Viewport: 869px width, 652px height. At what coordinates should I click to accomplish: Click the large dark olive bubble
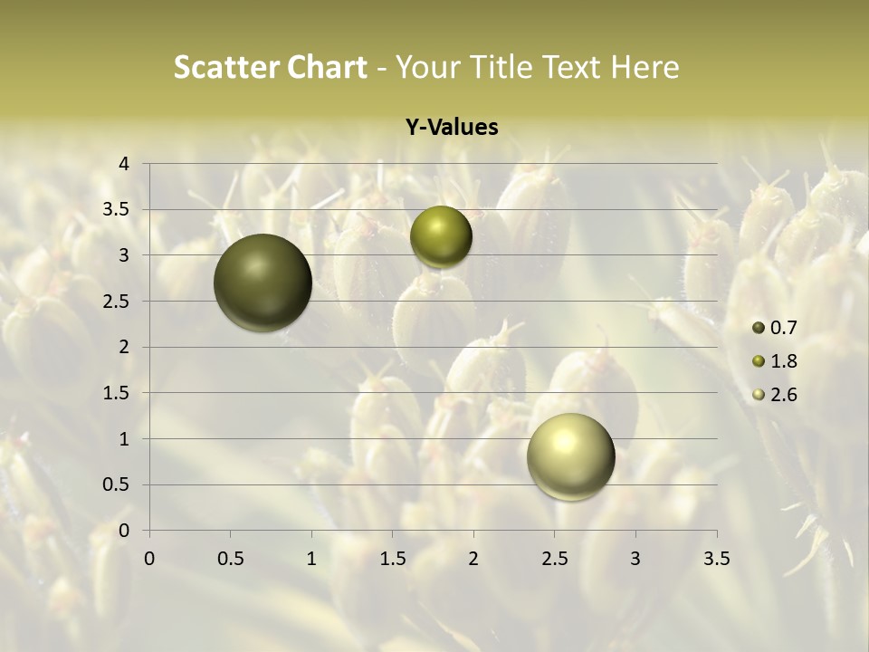263,283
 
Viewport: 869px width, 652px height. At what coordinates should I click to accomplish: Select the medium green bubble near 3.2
441,237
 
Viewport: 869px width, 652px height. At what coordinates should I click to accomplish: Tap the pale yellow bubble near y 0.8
570,456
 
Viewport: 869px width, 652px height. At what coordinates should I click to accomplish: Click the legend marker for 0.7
759,328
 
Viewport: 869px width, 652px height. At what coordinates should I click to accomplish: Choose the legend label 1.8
784,361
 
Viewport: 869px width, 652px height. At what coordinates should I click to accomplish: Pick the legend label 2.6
784,395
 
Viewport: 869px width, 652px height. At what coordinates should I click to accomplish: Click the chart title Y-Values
451,128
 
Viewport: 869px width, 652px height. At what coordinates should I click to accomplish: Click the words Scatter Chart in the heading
270,67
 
